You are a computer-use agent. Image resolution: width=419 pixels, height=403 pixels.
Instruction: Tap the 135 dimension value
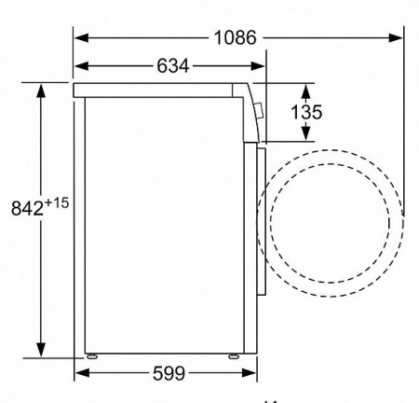click(306, 112)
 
